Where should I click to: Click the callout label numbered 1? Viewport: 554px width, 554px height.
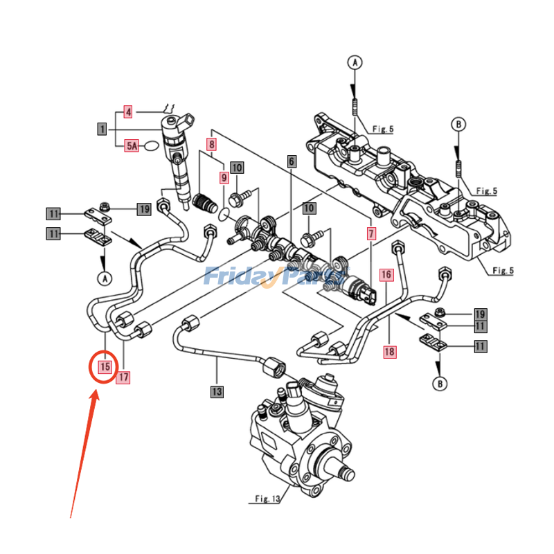pyautogui.click(x=102, y=129)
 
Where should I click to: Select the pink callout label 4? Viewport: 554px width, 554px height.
pyautogui.click(x=128, y=111)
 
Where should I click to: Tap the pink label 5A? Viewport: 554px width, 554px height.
pyautogui.click(x=132, y=145)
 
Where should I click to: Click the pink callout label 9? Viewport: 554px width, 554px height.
pyautogui.click(x=224, y=178)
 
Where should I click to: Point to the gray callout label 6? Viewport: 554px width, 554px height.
pyautogui.click(x=292, y=161)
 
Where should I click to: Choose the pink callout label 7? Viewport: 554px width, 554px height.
pyautogui.click(x=371, y=234)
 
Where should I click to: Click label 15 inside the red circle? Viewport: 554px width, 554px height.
pyautogui.click(x=105, y=366)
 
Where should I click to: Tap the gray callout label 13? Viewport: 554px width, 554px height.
pyautogui.click(x=217, y=392)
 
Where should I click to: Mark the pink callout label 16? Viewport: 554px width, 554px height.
pyautogui.click(x=386, y=275)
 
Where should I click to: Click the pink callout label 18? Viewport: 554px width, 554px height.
pyautogui.click(x=390, y=352)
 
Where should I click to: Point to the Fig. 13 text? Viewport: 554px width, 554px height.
pyautogui.click(x=265, y=499)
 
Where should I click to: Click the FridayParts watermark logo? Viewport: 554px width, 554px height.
pyautogui.click(x=276, y=277)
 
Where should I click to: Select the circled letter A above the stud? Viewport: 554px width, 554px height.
pyautogui.click(x=354, y=63)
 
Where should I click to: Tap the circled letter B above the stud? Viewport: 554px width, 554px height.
pyautogui.click(x=458, y=125)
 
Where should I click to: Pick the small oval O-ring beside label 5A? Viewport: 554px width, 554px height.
pyautogui.click(x=152, y=145)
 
